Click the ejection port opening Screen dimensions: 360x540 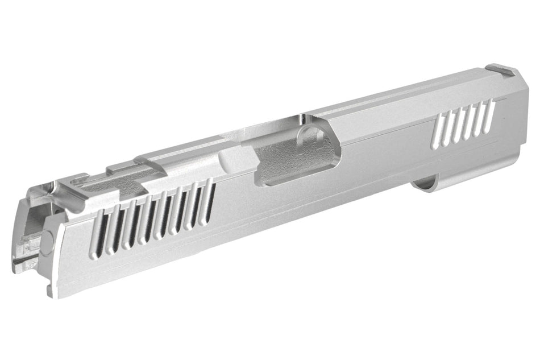pos(284,162)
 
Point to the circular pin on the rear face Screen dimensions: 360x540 pos(47,239)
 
